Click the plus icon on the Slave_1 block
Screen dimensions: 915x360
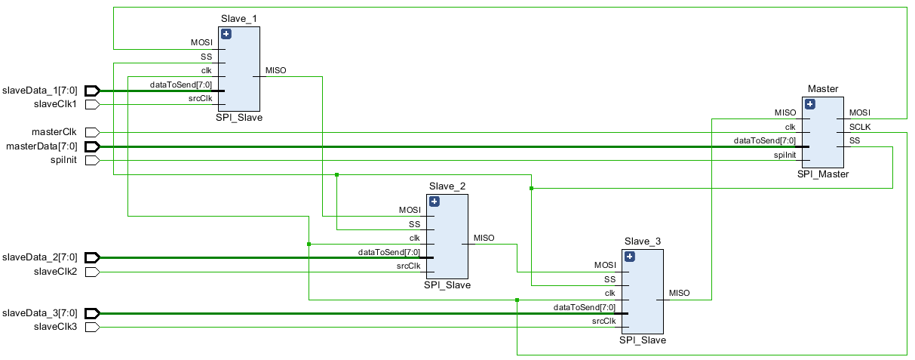point(226,34)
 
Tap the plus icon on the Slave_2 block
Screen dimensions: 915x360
point(434,202)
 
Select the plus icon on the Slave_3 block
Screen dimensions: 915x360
point(630,257)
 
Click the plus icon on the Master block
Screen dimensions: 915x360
point(810,104)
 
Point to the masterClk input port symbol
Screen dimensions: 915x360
point(92,132)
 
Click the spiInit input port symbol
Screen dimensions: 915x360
point(92,160)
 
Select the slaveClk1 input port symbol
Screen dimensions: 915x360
point(92,105)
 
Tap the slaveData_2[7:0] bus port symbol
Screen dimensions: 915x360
point(92,258)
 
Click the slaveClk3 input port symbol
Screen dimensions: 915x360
point(92,328)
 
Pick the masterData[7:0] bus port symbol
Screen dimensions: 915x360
point(92,146)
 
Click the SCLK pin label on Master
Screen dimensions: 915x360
point(860,127)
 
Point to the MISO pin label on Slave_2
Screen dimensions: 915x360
point(484,238)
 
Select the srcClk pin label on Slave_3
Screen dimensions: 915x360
point(603,322)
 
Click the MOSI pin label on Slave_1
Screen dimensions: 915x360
point(202,42)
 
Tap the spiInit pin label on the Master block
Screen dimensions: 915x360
point(785,155)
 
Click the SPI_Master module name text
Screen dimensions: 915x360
point(823,174)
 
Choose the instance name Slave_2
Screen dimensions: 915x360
point(447,186)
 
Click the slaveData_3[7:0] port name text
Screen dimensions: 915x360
point(40,313)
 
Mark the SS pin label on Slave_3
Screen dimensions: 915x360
point(609,279)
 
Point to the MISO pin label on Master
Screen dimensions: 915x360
point(785,112)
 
